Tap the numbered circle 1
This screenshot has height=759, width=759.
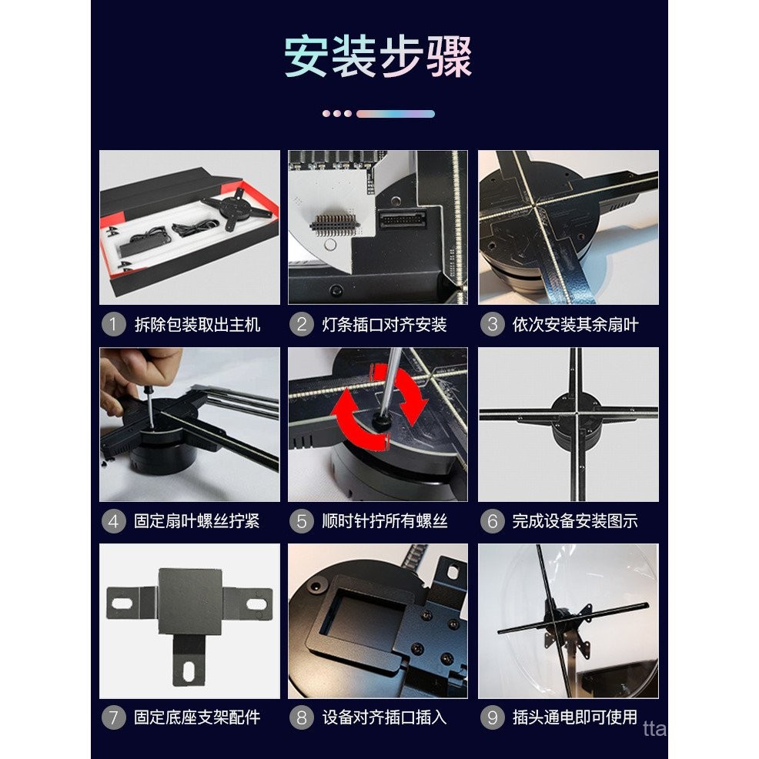[113, 324]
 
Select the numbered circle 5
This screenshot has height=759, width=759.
[302, 521]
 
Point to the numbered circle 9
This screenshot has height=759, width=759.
[493, 717]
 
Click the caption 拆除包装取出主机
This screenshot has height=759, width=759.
[197, 324]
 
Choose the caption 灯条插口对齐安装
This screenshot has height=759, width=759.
[384, 324]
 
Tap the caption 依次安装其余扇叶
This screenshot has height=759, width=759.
[575, 324]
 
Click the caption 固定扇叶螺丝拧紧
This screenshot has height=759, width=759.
[197, 521]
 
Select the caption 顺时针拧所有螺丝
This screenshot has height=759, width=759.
[384, 521]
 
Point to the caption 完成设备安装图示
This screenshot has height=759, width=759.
[575, 521]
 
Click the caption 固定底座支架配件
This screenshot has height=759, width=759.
[197, 717]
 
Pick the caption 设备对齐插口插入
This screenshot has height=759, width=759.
[384, 717]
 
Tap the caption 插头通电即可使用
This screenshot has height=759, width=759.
[575, 717]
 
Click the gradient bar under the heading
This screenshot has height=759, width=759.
[395, 113]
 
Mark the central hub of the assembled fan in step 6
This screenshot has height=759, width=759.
[570, 413]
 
